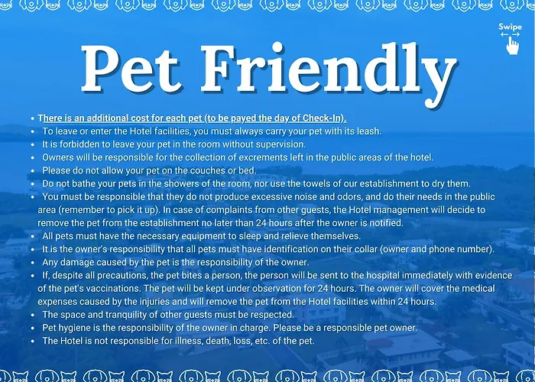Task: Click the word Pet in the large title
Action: tap(130, 69)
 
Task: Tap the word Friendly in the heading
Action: tap(329, 73)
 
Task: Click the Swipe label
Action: tap(510, 27)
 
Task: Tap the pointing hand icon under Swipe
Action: tap(512, 45)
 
